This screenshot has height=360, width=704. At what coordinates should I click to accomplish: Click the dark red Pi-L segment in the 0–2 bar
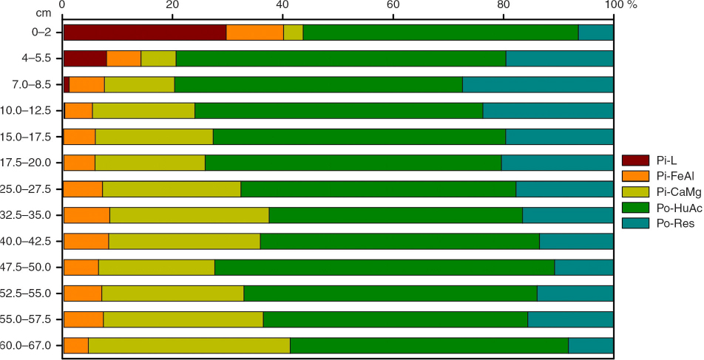[144, 33]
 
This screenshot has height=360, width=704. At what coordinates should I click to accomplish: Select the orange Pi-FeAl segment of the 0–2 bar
[254, 33]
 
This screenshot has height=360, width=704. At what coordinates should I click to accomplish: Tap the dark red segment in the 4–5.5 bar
[85, 58]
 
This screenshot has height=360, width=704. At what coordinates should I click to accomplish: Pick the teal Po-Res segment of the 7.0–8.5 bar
[538, 84]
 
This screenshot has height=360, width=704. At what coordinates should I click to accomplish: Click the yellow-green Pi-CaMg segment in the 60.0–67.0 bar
[189, 345]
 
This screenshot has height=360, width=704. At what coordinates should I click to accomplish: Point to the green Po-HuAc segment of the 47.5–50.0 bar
[385, 267]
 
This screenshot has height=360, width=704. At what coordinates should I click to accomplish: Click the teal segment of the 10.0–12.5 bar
[548, 111]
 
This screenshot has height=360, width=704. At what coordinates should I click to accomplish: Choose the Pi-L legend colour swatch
[634, 160]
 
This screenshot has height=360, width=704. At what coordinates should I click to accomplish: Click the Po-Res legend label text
[674, 225]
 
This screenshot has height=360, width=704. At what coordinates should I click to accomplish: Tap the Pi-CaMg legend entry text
[677, 193]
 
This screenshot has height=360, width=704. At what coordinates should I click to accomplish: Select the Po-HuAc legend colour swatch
[634, 209]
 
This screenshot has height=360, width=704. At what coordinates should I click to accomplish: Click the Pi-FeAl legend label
[674, 177]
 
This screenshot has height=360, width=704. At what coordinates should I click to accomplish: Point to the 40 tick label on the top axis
[282, 6]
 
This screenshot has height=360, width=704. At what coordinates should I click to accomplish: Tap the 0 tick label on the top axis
[63, 6]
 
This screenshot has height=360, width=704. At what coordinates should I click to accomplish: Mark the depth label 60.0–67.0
[30, 345]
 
